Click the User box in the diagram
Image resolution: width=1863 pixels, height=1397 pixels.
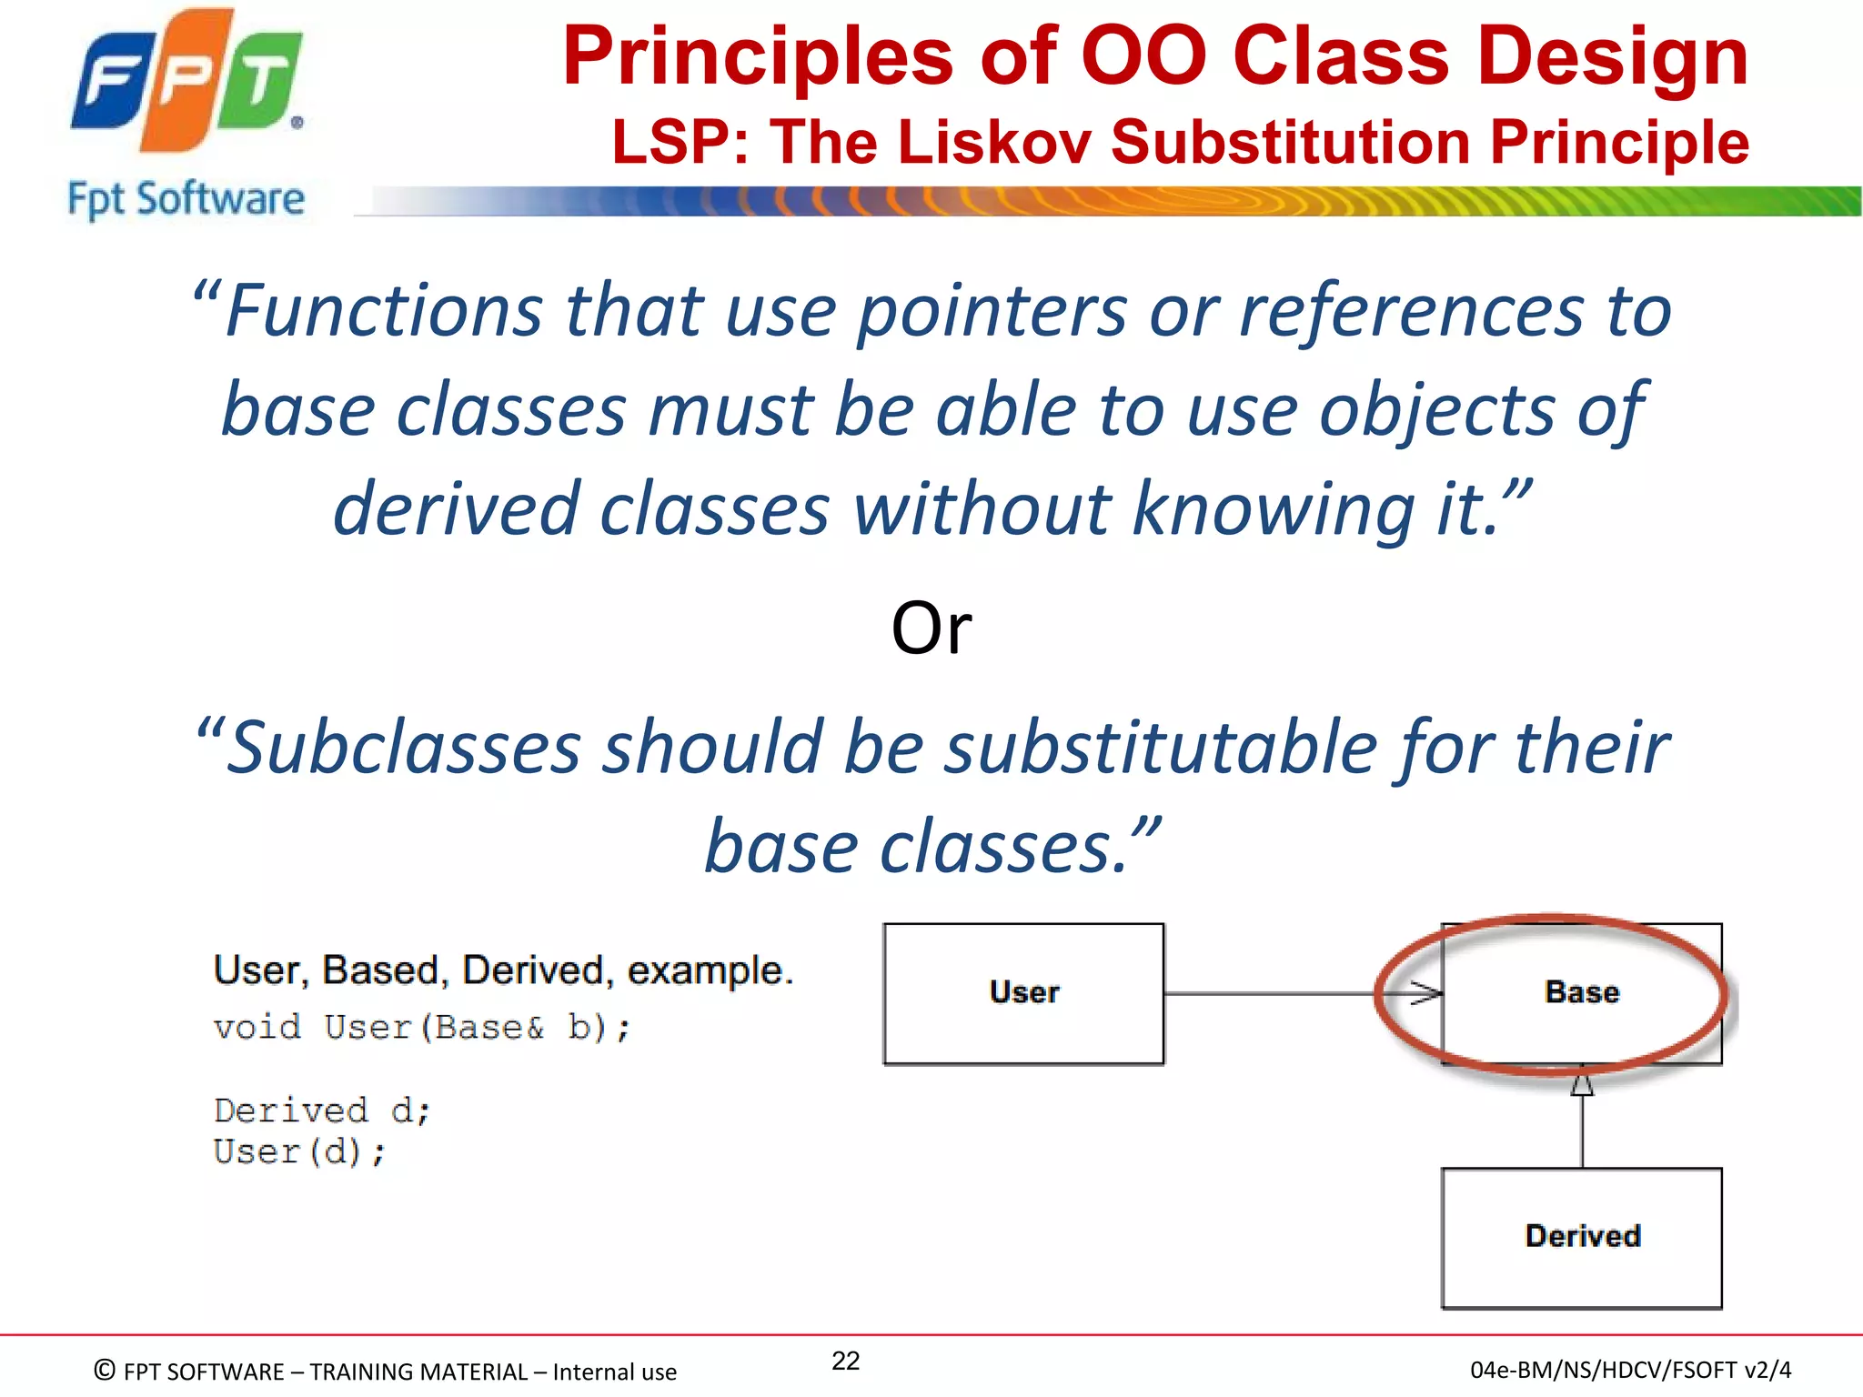(x=1023, y=993)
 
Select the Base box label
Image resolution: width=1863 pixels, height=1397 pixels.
(x=1582, y=992)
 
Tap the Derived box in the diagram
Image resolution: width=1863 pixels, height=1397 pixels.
(x=1582, y=1237)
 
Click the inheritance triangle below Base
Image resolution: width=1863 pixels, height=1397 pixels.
(x=1582, y=1085)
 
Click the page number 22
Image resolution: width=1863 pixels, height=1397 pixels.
(x=845, y=1361)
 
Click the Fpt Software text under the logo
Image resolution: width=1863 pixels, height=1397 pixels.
(x=186, y=198)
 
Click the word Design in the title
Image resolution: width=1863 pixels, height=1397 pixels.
(x=1612, y=56)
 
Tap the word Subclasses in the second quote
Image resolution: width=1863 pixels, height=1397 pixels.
(x=403, y=748)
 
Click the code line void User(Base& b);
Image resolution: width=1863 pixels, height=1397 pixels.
(x=421, y=1028)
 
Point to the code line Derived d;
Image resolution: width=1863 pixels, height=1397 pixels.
(x=322, y=1111)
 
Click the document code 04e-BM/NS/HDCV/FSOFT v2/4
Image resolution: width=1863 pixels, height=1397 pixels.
(x=1630, y=1370)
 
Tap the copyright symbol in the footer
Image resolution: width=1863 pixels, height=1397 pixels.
(x=106, y=1370)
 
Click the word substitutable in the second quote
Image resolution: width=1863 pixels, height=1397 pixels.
(x=1161, y=748)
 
